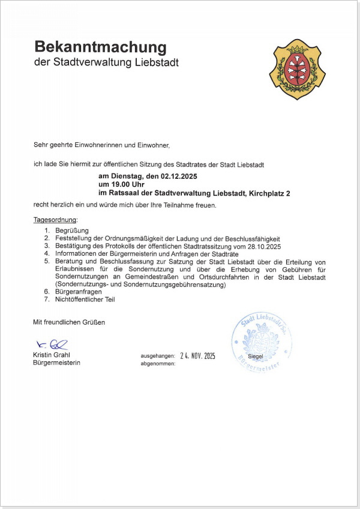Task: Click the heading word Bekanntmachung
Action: pos(100,46)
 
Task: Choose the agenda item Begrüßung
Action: pos(72,230)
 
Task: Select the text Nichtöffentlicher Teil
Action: pos(85,299)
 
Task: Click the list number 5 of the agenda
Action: pos(46,262)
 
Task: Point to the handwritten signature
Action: pos(52,345)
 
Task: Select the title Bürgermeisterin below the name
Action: pos(56,363)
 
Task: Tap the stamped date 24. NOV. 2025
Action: pos(197,355)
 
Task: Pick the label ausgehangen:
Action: pos(158,356)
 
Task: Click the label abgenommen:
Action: pos(158,364)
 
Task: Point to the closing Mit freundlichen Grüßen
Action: pos(69,322)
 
